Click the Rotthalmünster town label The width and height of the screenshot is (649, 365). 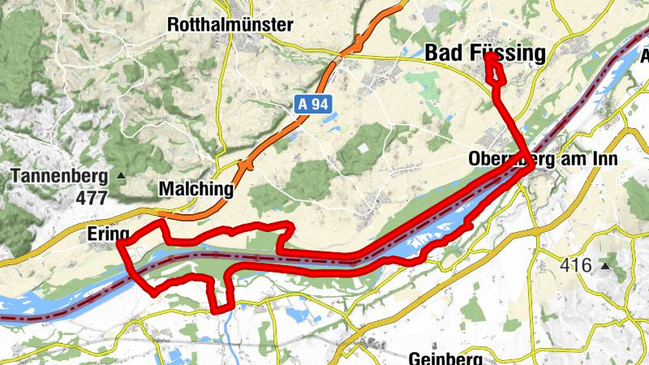[230, 25]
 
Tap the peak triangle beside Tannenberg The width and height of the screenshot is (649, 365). [122, 175]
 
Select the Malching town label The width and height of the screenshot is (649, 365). [196, 190]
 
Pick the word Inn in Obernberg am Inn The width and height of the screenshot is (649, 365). [604, 160]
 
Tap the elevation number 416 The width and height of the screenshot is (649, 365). [576, 264]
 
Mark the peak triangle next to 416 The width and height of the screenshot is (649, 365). [604, 265]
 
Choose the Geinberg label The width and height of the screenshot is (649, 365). [445, 358]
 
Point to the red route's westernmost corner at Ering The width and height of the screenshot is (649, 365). [119, 242]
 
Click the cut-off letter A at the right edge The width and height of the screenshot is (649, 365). [644, 57]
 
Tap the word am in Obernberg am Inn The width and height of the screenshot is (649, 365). [573, 160]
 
